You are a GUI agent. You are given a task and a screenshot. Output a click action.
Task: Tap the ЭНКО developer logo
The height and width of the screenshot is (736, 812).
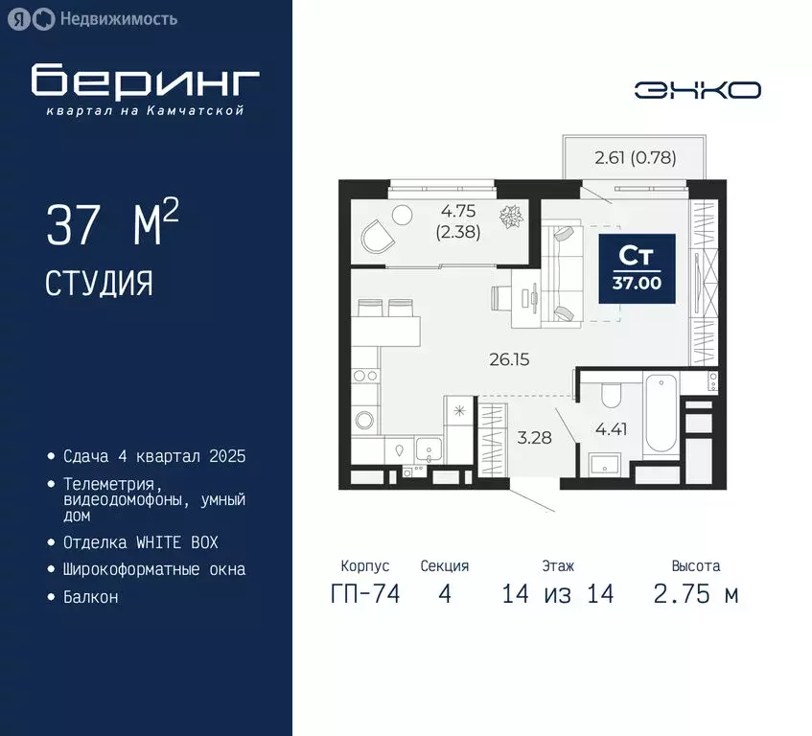[697, 90]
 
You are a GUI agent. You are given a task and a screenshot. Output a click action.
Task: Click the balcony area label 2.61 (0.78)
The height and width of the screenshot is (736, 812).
[635, 159]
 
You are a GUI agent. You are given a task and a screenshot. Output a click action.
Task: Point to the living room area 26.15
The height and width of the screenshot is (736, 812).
[509, 360]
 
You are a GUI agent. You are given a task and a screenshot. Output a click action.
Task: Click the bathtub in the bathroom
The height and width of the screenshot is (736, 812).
[662, 415]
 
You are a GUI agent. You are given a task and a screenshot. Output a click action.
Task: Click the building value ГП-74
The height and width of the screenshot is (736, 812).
[364, 594]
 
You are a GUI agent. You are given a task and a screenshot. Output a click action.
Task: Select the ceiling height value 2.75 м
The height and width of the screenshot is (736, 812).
[695, 594]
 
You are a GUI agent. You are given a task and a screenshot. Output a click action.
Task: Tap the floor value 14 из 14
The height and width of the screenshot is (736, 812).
[557, 594]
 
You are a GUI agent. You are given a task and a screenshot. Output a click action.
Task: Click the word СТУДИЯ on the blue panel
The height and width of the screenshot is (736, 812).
[99, 283]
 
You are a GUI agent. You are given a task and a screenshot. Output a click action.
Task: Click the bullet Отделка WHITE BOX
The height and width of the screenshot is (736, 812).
[141, 542]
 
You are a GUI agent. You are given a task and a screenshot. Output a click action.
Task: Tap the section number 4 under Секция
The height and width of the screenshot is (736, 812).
[444, 594]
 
